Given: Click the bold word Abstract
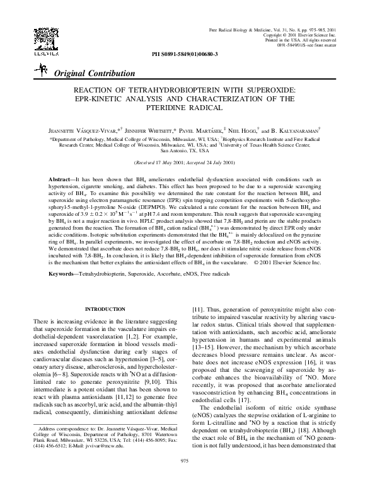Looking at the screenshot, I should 61,180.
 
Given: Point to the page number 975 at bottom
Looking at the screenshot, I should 185,478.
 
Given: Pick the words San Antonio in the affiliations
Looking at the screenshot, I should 176,151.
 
